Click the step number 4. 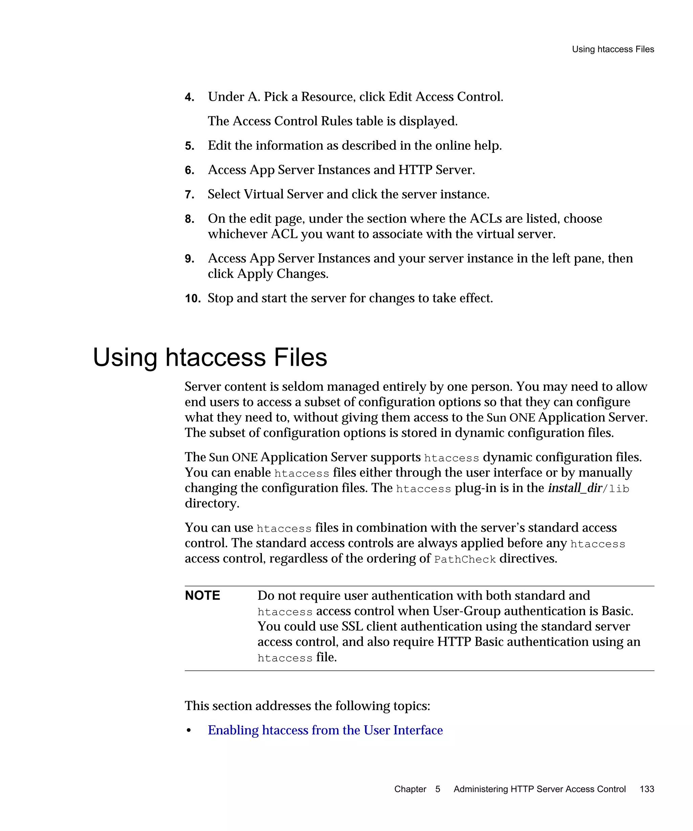coord(189,97)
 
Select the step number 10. coord(193,299)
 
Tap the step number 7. coord(189,195)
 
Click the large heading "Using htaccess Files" coord(210,357)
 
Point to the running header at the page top coord(612,49)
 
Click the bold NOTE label coord(202,596)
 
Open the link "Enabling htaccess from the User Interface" coord(325,730)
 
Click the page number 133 coord(647,789)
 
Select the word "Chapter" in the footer coord(410,789)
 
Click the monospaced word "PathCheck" coord(465,559)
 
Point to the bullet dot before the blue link coord(189,731)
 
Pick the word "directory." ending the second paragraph coord(212,503)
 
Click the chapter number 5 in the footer coord(438,789)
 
